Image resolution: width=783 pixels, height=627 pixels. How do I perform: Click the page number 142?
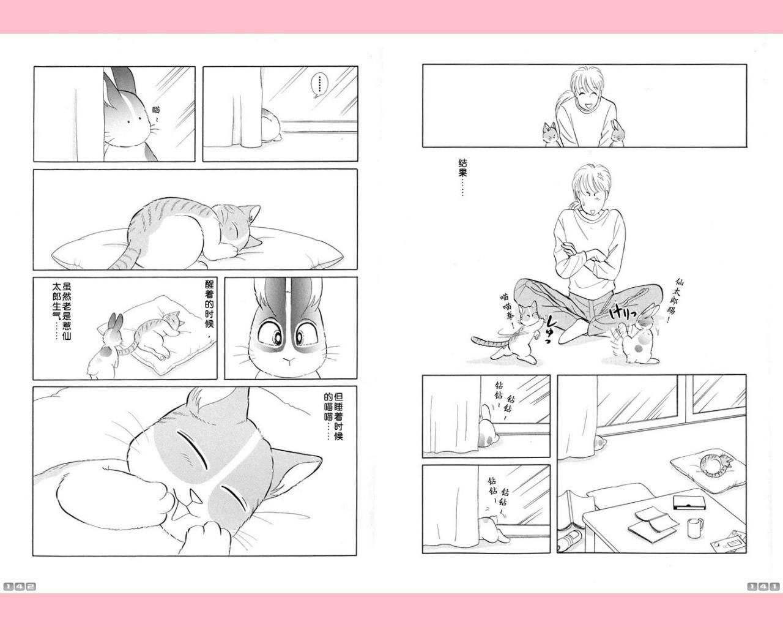point(20,587)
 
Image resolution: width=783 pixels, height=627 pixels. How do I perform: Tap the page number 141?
point(763,587)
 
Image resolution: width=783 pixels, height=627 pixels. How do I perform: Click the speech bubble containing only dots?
point(318,86)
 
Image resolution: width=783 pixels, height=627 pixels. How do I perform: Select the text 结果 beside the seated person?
point(462,168)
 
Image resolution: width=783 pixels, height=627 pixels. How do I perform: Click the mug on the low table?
point(694,527)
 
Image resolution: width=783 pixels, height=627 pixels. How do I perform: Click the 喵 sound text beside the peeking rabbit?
point(156,110)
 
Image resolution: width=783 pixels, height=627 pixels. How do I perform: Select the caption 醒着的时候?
point(209,304)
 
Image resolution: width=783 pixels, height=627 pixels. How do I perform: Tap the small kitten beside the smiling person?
point(549,135)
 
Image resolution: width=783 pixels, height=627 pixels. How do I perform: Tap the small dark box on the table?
point(689,503)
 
